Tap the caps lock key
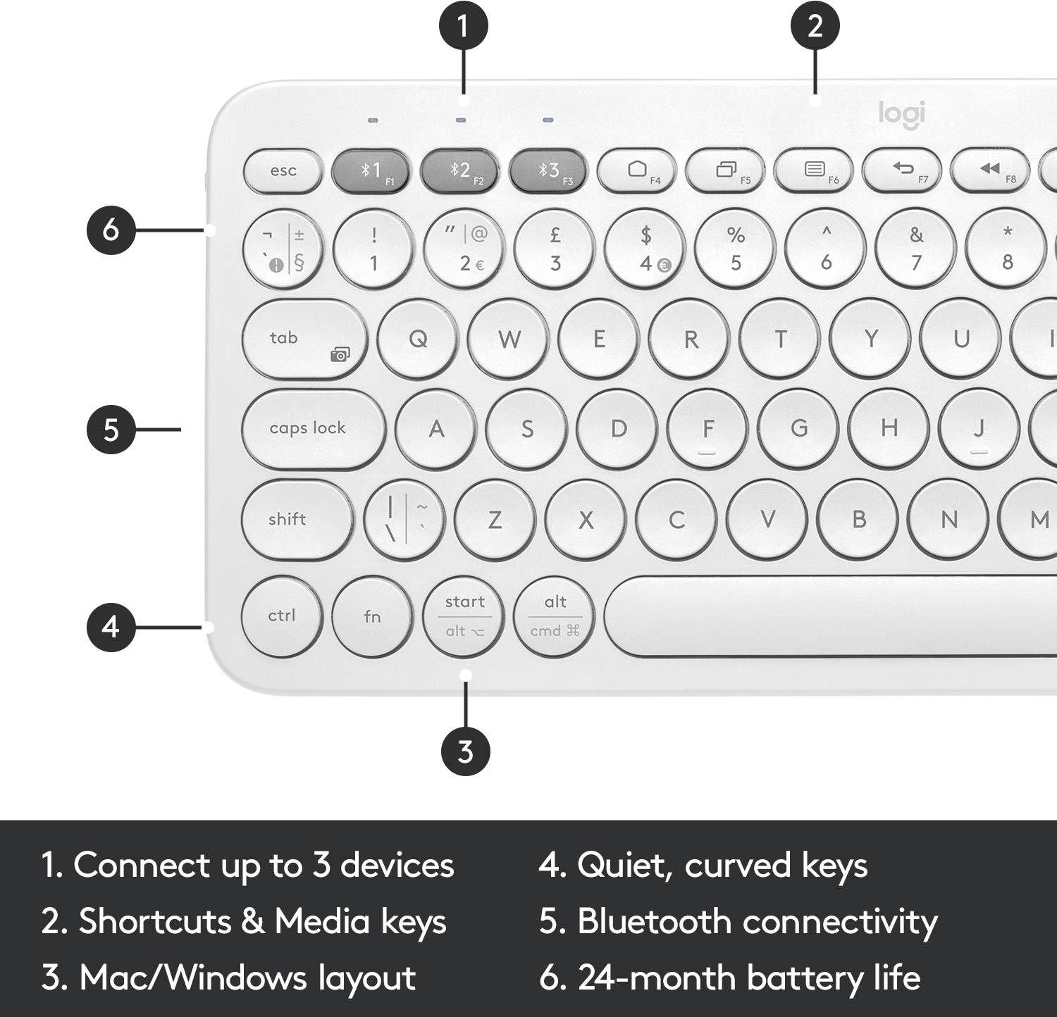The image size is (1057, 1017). (x=313, y=428)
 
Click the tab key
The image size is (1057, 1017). (x=304, y=339)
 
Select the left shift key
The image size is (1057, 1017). (x=296, y=520)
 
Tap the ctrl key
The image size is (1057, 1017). (x=281, y=616)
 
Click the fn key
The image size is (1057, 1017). (x=372, y=617)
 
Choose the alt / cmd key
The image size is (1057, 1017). (x=555, y=617)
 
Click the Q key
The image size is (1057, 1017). (x=418, y=339)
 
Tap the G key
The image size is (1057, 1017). (x=798, y=428)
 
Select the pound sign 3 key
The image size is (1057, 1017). (x=555, y=249)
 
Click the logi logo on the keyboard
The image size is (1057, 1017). (x=901, y=113)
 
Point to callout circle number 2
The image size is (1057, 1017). (x=815, y=26)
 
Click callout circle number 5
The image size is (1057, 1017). (x=111, y=429)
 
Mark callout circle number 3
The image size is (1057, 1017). (x=465, y=751)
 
